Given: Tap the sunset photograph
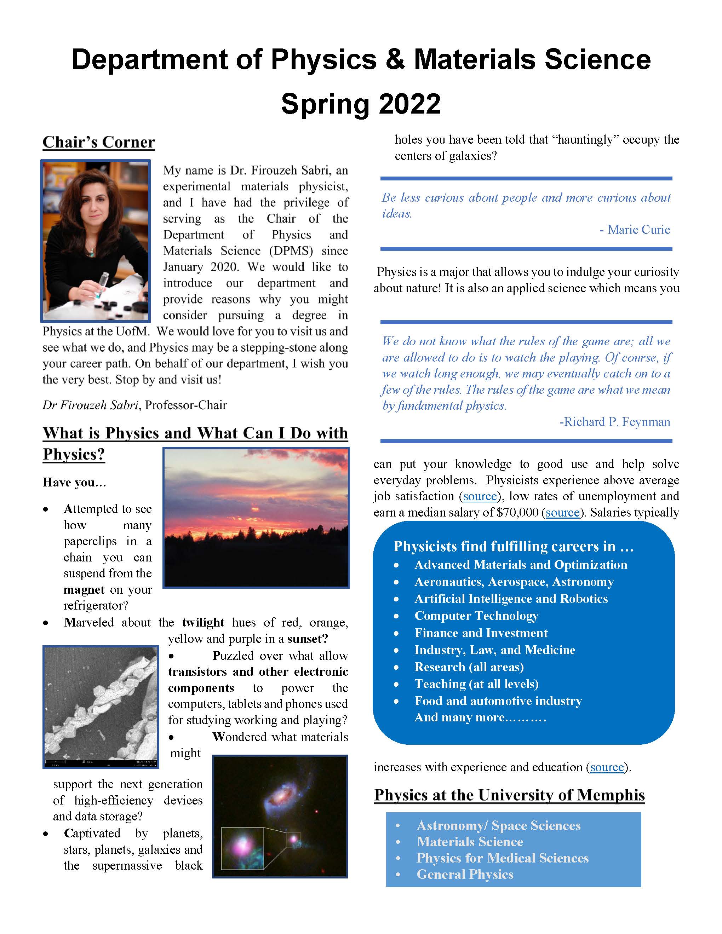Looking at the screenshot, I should (x=256, y=518).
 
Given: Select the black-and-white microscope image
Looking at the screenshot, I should (x=101, y=707).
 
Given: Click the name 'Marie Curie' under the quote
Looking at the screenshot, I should (x=638, y=230).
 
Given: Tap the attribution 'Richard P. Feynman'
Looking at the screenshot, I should (x=616, y=422).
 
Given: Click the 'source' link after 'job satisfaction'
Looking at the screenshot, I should (x=480, y=496).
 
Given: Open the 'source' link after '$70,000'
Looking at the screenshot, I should (x=562, y=512).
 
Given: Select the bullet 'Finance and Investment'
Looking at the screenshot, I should (x=481, y=633).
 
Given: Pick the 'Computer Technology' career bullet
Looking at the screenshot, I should (x=476, y=616).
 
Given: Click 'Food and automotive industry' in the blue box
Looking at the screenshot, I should (x=498, y=701).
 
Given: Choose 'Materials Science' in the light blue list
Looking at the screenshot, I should (x=470, y=842).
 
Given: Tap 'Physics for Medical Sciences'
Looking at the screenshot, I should (x=502, y=858).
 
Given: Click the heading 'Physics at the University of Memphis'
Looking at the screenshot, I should (x=509, y=795).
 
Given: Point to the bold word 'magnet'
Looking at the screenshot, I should (x=84, y=590).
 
